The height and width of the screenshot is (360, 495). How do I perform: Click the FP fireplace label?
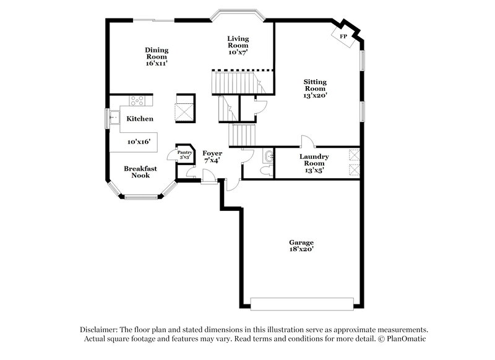(343, 36)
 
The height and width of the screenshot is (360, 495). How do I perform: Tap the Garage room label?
(301, 242)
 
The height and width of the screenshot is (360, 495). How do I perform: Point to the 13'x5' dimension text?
(314, 170)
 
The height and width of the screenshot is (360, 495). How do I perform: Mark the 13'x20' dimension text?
(315, 96)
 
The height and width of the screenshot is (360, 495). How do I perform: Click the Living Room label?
(238, 41)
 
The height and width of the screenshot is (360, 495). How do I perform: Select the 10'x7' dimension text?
(238, 53)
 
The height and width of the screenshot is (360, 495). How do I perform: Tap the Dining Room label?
(157, 54)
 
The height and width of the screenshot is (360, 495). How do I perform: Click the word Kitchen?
(140, 119)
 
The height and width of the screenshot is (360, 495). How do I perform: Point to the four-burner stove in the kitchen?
(137, 100)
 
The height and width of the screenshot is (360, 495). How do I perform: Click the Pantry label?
(184, 152)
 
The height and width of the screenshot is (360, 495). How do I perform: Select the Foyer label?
(212, 153)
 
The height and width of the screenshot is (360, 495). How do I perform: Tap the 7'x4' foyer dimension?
(212, 160)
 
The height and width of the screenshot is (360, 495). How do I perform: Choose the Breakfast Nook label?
(140, 172)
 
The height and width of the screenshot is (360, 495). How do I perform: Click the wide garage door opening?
(302, 304)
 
